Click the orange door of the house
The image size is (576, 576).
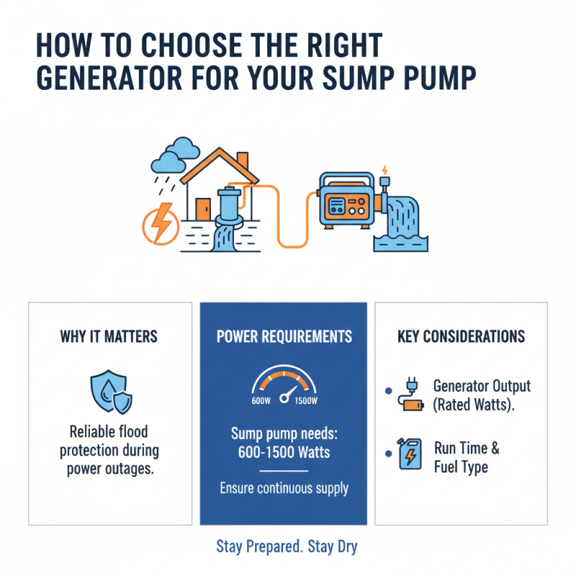[x=203, y=209]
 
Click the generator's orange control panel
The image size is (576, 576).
[x=346, y=206]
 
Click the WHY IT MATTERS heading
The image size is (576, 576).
[x=109, y=337]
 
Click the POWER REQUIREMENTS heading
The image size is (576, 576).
[x=283, y=337]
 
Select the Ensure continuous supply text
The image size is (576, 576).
[x=283, y=488]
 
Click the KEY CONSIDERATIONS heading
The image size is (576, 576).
[x=461, y=337]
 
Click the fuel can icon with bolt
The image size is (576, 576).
[x=410, y=455]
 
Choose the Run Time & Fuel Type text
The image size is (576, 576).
[x=466, y=457]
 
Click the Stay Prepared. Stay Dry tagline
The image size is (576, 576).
[x=287, y=547]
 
